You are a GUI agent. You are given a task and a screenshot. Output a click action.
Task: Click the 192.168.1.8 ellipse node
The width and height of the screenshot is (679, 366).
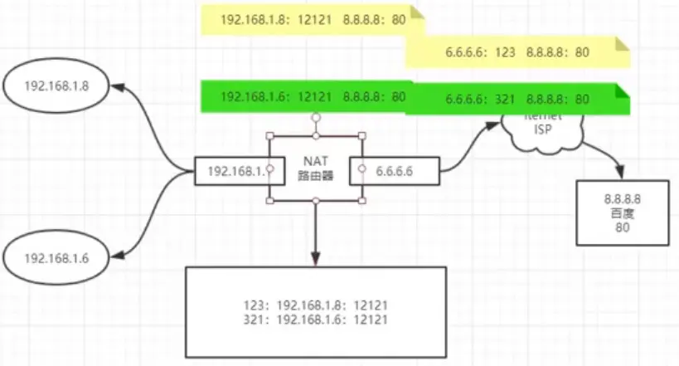[57, 85]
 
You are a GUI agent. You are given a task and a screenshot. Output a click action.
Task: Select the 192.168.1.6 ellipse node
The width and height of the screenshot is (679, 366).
[56, 257]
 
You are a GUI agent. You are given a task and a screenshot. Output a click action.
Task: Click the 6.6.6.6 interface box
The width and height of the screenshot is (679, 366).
[394, 171]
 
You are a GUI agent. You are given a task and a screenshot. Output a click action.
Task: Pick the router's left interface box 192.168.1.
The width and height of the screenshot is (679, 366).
[231, 171]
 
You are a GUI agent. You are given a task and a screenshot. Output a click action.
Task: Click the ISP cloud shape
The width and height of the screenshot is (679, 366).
[543, 129]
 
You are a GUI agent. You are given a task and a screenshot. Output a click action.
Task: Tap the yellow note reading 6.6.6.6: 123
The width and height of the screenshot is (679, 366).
[517, 51]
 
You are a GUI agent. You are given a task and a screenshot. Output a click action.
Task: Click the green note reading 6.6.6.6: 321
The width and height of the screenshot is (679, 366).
[517, 99]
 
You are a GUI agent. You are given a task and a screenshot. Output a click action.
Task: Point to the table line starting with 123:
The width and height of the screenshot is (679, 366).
[315, 305]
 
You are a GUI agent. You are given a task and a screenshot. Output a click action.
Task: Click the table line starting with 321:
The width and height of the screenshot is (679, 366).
[315, 319]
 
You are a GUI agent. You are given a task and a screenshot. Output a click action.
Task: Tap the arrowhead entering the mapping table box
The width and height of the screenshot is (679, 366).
[316, 260]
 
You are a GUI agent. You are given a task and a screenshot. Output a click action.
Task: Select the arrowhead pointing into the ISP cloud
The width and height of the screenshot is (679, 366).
[497, 124]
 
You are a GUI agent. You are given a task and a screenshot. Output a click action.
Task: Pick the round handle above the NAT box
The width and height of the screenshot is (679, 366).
[315, 117]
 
